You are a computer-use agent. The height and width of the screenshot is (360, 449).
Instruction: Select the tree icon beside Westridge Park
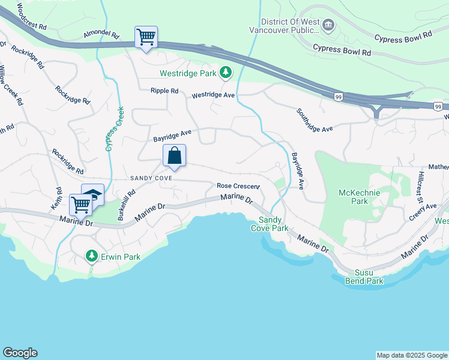pos(225,73)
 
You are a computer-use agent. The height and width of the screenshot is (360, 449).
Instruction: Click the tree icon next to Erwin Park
pos(91,256)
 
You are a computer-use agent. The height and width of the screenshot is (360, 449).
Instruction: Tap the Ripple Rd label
pos(164,91)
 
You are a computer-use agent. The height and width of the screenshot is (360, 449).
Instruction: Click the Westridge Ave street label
pos(212,95)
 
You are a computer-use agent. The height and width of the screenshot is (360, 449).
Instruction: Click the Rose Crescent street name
pos(238,186)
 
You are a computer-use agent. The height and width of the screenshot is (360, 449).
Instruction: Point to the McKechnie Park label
pos(353,197)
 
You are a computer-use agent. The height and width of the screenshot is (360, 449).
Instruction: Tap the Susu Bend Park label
pos(364,276)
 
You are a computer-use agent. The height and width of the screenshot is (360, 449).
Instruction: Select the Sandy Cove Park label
pos(270,224)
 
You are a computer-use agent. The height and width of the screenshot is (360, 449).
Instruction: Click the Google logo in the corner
pos(20,353)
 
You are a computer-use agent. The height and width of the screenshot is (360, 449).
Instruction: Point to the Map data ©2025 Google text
pos(412,355)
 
